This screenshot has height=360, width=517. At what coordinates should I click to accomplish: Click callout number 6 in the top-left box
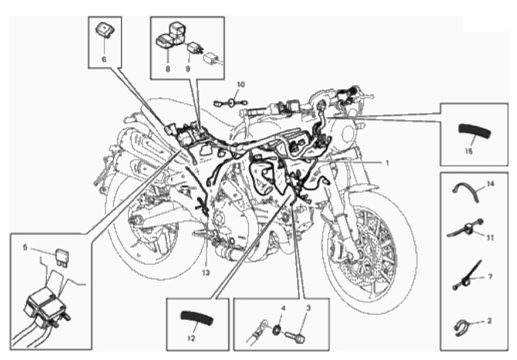point(104,59)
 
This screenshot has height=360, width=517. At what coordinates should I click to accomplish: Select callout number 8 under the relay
point(167,69)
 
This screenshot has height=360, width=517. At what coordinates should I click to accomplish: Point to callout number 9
point(188,69)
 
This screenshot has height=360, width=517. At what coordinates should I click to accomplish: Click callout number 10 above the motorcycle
point(240,85)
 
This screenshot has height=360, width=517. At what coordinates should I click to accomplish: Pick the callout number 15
point(468,150)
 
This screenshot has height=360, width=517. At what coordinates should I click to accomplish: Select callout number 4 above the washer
point(283,308)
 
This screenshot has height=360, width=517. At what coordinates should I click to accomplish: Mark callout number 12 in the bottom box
point(190,339)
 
